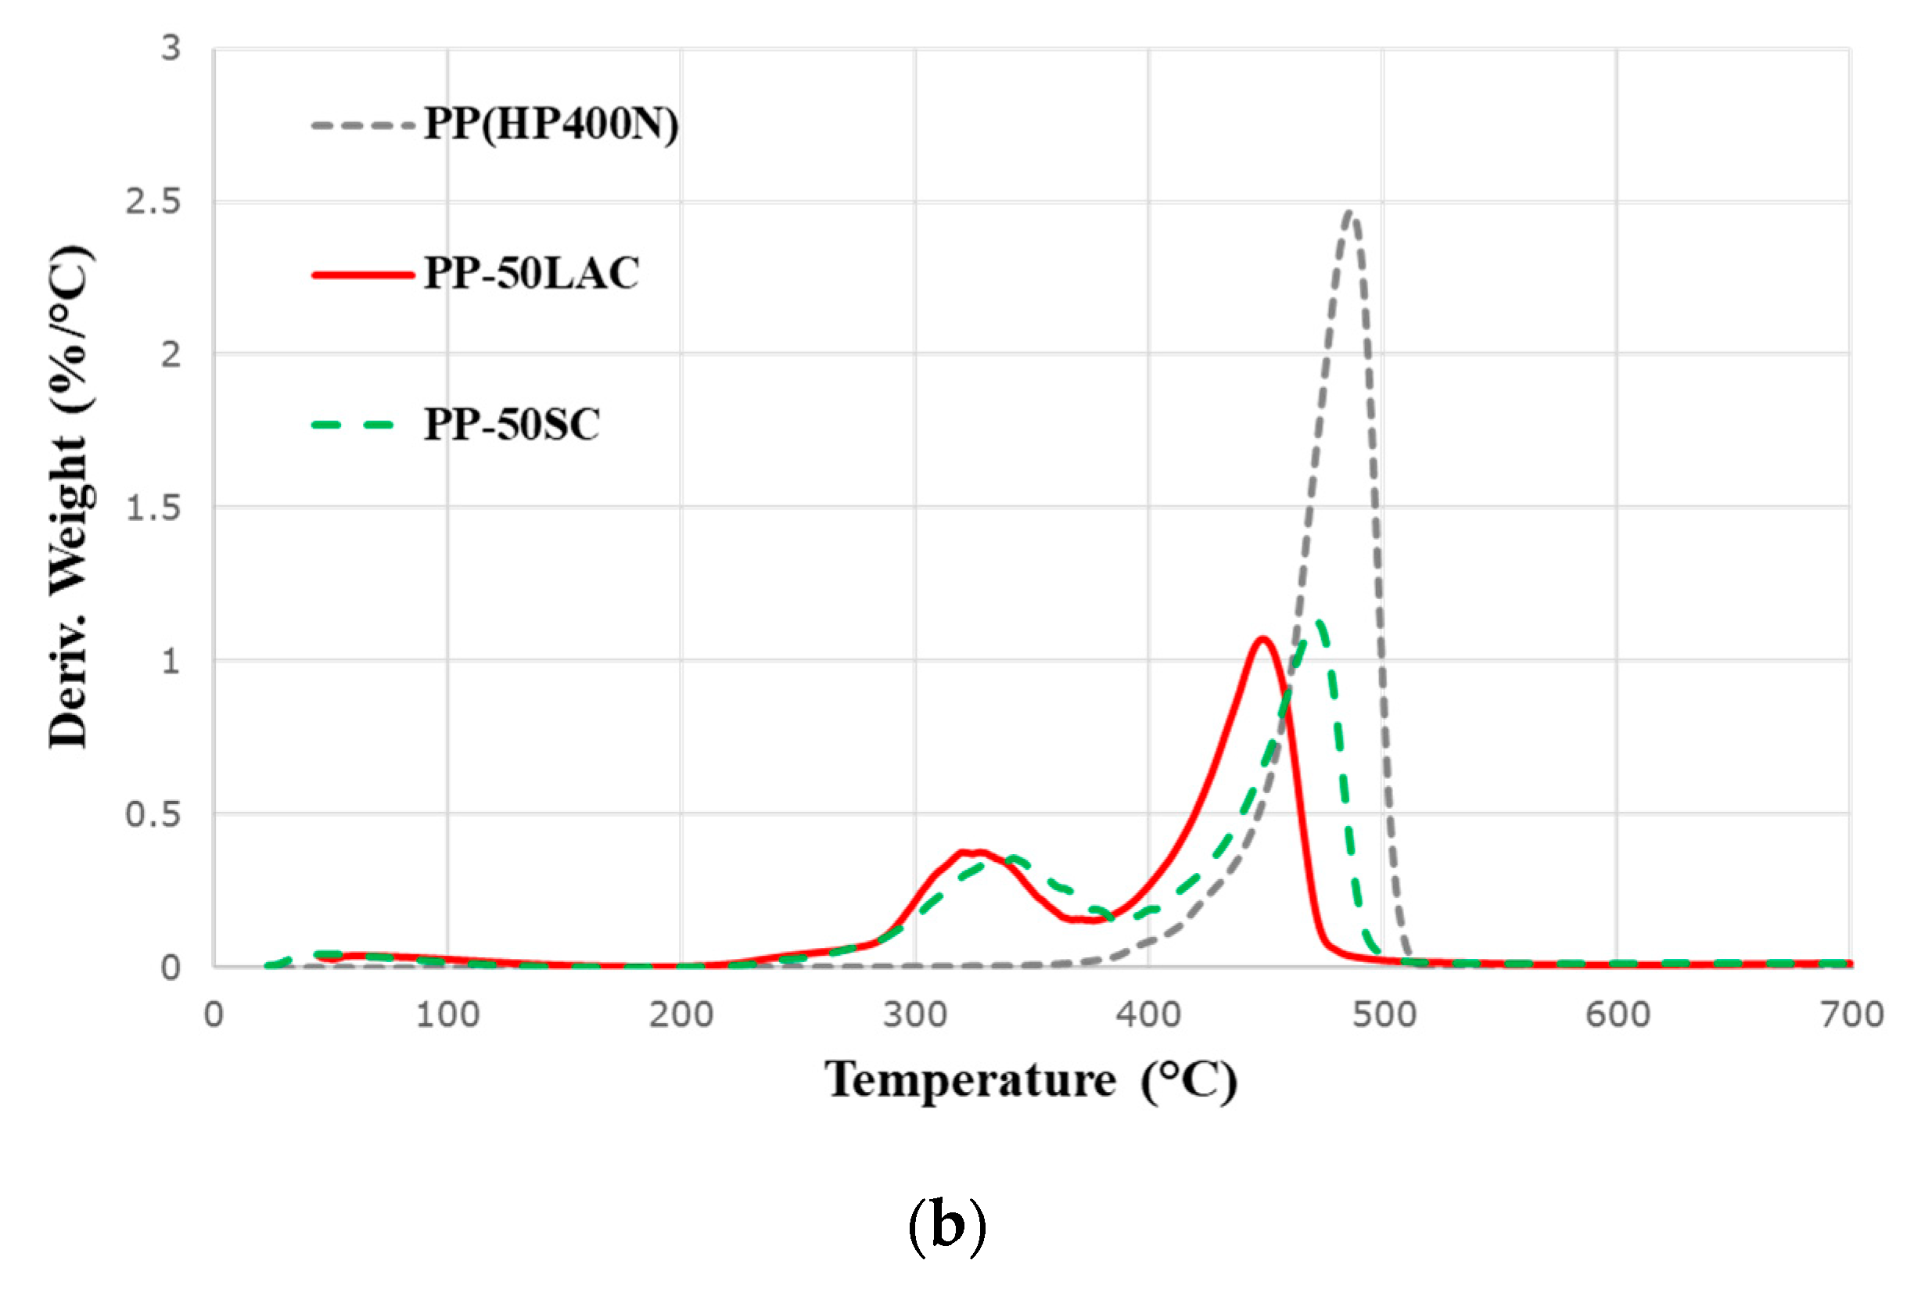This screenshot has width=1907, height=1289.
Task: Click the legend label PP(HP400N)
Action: tap(551, 125)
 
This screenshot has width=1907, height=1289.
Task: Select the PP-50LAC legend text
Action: tap(531, 274)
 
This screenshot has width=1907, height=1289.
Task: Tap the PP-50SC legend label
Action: tap(512, 425)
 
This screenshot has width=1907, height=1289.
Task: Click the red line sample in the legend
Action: tap(363, 275)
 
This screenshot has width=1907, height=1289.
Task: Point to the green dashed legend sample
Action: tap(353, 425)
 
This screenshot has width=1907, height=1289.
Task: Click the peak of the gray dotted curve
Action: tap(1350, 214)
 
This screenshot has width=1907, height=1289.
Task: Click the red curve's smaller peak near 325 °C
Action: tap(972, 852)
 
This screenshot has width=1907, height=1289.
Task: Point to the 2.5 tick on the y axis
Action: tap(153, 202)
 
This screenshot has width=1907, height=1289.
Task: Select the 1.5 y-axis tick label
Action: tap(153, 508)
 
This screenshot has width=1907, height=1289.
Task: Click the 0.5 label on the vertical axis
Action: tap(153, 815)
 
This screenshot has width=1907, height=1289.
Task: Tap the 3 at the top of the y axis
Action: tap(170, 48)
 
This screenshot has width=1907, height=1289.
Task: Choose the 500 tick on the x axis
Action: tap(1384, 1016)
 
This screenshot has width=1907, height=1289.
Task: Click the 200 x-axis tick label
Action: tap(681, 1016)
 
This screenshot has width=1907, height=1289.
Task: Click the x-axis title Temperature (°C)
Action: tap(1031, 1082)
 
